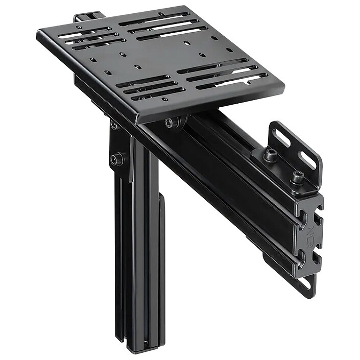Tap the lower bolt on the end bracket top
pyautogui.click(x=297, y=177)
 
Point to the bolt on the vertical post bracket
pyautogui.click(x=117, y=159)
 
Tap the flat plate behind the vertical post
pyautogui.click(x=162, y=255)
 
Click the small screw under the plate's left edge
pyautogui.click(x=113, y=125)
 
